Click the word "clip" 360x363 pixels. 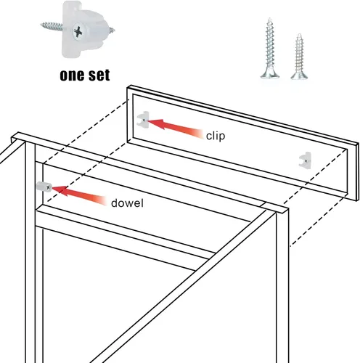[x=216, y=136]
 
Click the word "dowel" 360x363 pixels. [x=127, y=203]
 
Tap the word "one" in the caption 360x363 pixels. [x=72, y=76]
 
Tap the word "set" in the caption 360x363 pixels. [x=99, y=75]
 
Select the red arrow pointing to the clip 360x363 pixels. [x=175, y=128]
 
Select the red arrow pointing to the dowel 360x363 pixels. [x=79, y=195]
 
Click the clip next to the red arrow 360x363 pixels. [x=143, y=119]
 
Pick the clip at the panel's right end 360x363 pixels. [x=305, y=160]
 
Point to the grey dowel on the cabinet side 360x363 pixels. [x=44, y=187]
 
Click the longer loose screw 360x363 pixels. [x=270, y=49]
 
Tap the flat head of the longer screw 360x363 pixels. [x=270, y=74]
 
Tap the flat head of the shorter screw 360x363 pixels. [x=299, y=75]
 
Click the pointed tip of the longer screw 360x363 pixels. [x=269, y=18]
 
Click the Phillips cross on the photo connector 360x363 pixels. [x=78, y=31]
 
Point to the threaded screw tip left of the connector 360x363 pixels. [x=52, y=25]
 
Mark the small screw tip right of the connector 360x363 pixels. [x=112, y=30]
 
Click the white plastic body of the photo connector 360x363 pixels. [x=83, y=29]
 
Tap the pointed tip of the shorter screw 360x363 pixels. [x=300, y=34]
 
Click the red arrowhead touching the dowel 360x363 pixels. [x=60, y=190]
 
